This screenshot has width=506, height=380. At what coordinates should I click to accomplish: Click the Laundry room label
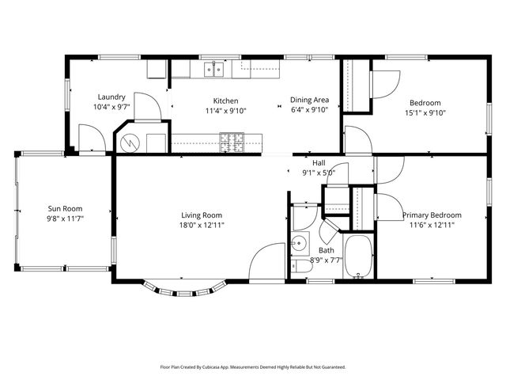coord(111,97)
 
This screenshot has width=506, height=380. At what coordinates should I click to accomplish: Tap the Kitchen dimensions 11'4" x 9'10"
coord(225,111)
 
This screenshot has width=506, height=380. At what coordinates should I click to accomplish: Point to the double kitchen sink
coord(212,70)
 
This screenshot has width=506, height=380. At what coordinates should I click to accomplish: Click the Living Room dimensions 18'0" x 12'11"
coord(202,225)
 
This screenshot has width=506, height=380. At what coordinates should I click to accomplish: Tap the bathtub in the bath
coord(359,257)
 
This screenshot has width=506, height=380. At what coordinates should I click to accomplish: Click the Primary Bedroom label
coord(432,215)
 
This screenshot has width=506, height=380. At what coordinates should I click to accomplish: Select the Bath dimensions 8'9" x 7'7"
coord(325,259)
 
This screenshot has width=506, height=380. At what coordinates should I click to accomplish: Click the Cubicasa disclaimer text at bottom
coord(253,367)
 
